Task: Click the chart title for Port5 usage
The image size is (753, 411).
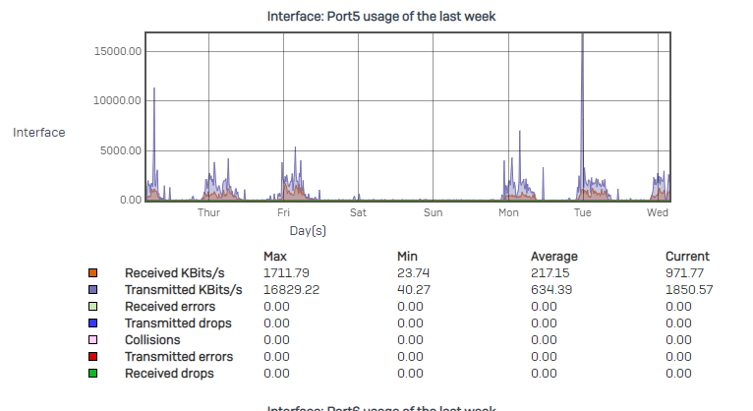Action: pyautogui.click(x=381, y=17)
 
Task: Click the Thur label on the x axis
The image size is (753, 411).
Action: pyautogui.click(x=208, y=212)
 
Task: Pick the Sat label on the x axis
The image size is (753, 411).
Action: pyautogui.click(x=358, y=212)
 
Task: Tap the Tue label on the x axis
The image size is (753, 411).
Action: pyautogui.click(x=582, y=212)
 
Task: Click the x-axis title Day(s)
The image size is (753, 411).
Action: pyautogui.click(x=308, y=230)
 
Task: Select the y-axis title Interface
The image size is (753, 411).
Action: pyautogui.click(x=39, y=132)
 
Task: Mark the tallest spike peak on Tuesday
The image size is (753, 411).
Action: pyautogui.click(x=583, y=35)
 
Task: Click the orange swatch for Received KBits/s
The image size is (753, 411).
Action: pyautogui.click(x=92, y=272)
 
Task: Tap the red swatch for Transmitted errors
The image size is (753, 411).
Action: pyautogui.click(x=92, y=357)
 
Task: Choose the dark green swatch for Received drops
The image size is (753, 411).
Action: pyautogui.click(x=92, y=374)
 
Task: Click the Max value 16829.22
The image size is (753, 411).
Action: pyautogui.click(x=290, y=290)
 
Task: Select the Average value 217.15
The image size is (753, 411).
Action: pyautogui.click(x=550, y=272)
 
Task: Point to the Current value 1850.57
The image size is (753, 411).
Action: pyautogui.click(x=689, y=290)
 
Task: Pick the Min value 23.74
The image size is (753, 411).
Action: pyautogui.click(x=412, y=272)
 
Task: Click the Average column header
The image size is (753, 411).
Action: pyautogui.click(x=553, y=256)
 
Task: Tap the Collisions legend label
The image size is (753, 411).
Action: pyautogui.click(x=152, y=340)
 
